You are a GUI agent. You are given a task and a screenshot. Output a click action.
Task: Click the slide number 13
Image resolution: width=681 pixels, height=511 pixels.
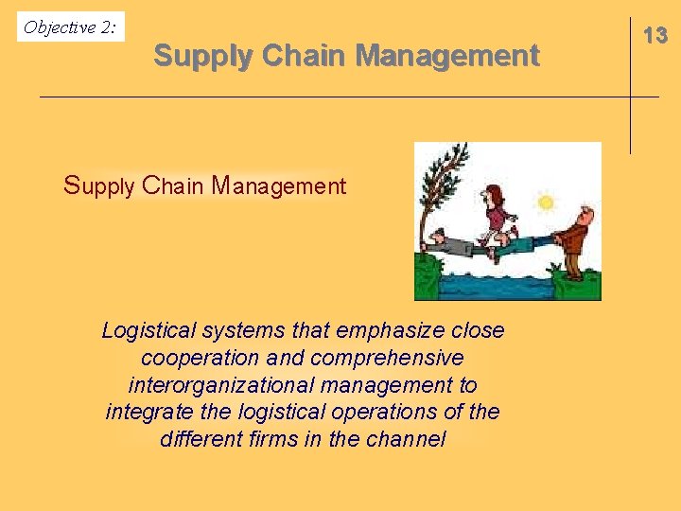(x=655, y=36)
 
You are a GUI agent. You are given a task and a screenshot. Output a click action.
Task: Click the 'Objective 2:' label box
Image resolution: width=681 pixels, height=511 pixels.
(x=71, y=27)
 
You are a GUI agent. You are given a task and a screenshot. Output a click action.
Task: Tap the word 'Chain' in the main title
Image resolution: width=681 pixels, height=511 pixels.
(x=303, y=56)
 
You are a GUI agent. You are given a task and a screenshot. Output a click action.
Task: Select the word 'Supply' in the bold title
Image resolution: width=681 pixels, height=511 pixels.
(x=202, y=56)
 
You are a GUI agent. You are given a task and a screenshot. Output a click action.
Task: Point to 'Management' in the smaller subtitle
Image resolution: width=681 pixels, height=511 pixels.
(x=279, y=185)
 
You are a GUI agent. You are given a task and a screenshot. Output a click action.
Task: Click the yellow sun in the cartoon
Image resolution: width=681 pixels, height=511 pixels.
(x=545, y=202)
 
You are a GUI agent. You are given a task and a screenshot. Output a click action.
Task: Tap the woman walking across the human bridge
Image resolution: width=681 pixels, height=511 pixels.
(x=496, y=216)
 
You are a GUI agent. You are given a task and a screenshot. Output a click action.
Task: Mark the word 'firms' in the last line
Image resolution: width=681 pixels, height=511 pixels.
(x=274, y=440)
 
